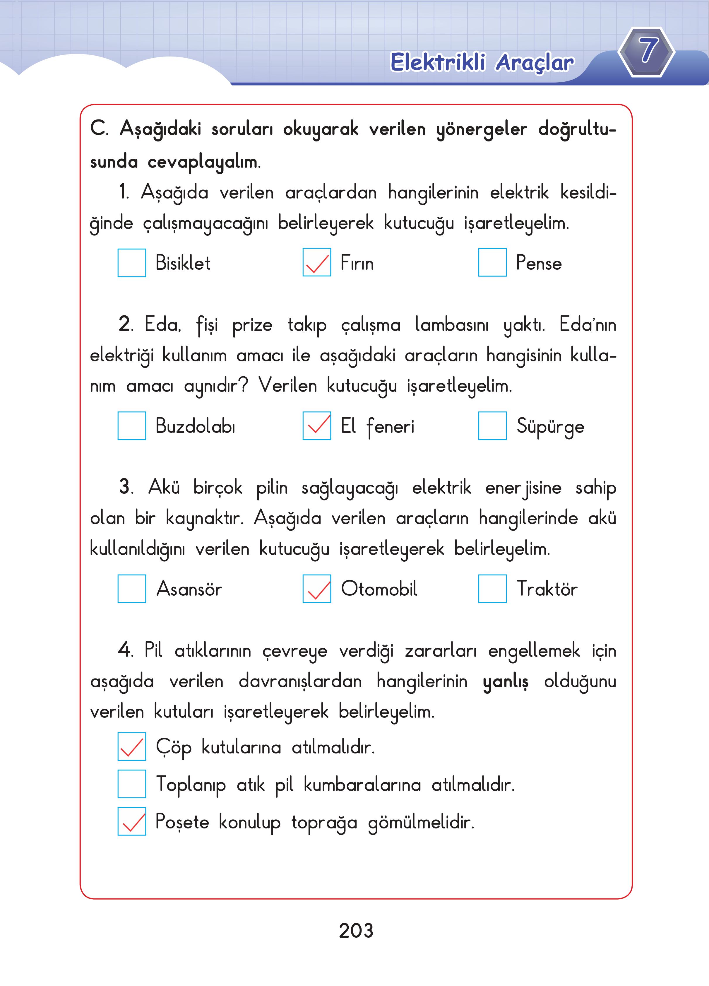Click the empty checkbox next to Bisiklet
point(132,263)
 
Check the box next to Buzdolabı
point(132,425)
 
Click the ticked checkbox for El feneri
point(317,425)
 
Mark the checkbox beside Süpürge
point(492,425)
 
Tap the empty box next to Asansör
point(132,589)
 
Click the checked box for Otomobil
point(317,589)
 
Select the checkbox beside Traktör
point(492,589)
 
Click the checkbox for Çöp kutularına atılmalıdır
point(132,746)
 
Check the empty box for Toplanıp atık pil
point(132,784)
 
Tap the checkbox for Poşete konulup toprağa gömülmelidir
point(132,821)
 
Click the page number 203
point(356,931)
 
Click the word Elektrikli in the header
point(437,62)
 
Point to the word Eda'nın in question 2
point(588,324)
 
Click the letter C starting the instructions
point(98,128)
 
